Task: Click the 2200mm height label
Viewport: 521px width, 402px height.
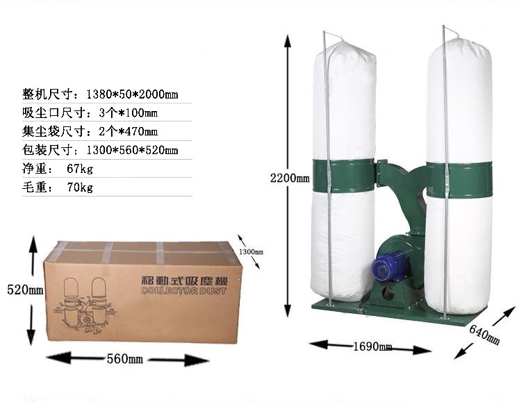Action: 290,178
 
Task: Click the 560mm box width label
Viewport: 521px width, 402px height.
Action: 124,359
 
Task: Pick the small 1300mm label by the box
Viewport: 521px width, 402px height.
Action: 251,251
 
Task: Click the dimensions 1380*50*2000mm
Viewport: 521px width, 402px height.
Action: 132,94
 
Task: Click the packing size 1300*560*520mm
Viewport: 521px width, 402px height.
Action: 132,150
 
